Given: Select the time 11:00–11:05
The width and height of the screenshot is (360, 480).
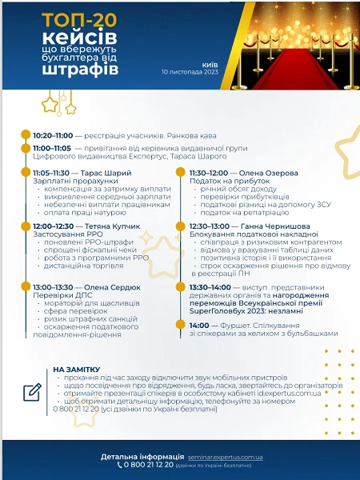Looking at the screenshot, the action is (x=52, y=148).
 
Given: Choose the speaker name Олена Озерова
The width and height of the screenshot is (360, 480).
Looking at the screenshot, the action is (x=272, y=173).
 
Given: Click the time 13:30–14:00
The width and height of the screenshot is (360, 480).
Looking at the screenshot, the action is (x=210, y=286).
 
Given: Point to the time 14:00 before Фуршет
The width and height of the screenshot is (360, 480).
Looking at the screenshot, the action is (x=198, y=325).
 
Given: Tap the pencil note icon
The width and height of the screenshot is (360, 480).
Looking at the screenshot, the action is (x=32, y=392).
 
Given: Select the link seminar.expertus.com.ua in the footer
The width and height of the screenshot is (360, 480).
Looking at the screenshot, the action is (x=231, y=456).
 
